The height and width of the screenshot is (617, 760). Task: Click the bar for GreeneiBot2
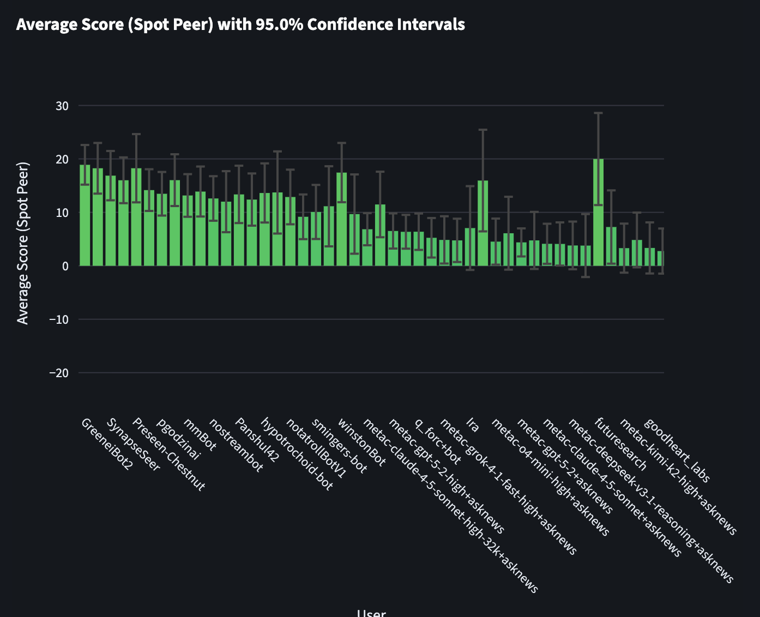(85, 215)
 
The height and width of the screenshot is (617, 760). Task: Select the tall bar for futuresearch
(599, 213)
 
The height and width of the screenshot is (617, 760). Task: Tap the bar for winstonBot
(342, 219)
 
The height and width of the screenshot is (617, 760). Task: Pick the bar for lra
(471, 247)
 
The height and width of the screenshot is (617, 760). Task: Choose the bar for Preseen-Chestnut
(136, 217)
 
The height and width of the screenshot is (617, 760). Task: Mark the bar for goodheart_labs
(650, 257)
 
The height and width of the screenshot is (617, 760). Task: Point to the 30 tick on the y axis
(62, 106)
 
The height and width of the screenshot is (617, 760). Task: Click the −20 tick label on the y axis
(59, 373)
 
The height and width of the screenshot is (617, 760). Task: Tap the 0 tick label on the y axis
(65, 266)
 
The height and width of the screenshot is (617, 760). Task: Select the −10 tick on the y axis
(59, 319)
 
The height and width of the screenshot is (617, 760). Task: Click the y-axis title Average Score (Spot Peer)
(22, 243)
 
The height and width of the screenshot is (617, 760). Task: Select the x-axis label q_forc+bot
(438, 441)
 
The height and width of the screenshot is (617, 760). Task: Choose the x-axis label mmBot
(200, 434)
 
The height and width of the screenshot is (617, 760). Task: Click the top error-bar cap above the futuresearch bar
(599, 113)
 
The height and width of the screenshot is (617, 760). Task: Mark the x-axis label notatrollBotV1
(316, 448)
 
